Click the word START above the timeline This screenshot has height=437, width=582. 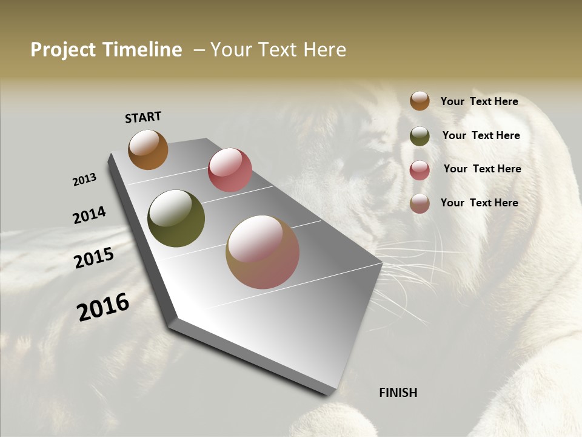[143, 117]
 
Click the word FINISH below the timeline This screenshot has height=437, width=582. [398, 393]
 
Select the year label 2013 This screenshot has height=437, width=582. [84, 180]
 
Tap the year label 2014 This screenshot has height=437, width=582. [89, 215]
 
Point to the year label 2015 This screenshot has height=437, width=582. [94, 257]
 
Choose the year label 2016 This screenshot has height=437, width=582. [103, 307]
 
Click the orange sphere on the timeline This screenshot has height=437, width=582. [148, 150]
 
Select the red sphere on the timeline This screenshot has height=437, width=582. [230, 170]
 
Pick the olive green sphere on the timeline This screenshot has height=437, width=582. [176, 218]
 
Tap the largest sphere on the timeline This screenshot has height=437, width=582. [263, 252]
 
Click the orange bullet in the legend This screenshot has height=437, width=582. [420, 101]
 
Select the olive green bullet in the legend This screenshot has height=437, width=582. [420, 136]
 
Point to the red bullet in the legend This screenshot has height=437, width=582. [420, 170]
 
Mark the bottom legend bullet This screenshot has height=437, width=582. [420, 203]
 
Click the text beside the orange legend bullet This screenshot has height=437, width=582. [479, 101]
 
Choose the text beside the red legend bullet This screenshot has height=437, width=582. [482, 169]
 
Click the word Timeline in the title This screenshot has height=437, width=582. [144, 50]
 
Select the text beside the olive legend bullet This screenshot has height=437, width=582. [481, 135]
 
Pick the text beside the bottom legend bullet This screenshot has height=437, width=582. [479, 203]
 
